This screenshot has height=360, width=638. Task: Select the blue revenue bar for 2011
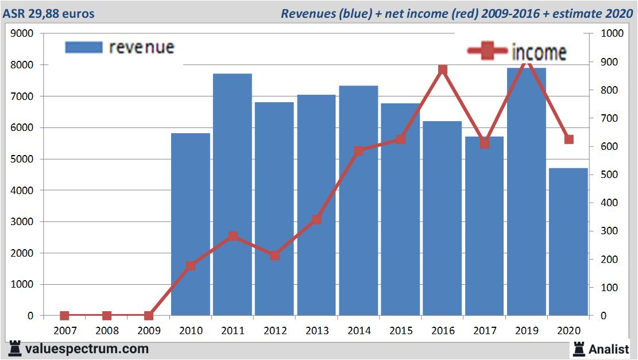(x=233, y=195)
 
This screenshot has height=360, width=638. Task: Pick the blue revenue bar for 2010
(x=191, y=224)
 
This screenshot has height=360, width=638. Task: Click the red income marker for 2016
(x=443, y=70)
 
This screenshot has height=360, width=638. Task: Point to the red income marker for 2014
(x=359, y=151)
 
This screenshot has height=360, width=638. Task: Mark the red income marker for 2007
(x=64, y=315)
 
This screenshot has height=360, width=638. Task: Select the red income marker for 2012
(x=274, y=256)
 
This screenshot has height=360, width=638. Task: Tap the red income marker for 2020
(x=569, y=140)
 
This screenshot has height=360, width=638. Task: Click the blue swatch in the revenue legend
(x=84, y=47)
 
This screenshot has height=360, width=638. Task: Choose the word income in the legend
(x=539, y=52)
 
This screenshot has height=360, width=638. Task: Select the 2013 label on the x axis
(x=316, y=331)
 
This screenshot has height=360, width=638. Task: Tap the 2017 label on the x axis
(x=485, y=331)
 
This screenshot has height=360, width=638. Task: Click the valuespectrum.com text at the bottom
(x=87, y=349)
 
